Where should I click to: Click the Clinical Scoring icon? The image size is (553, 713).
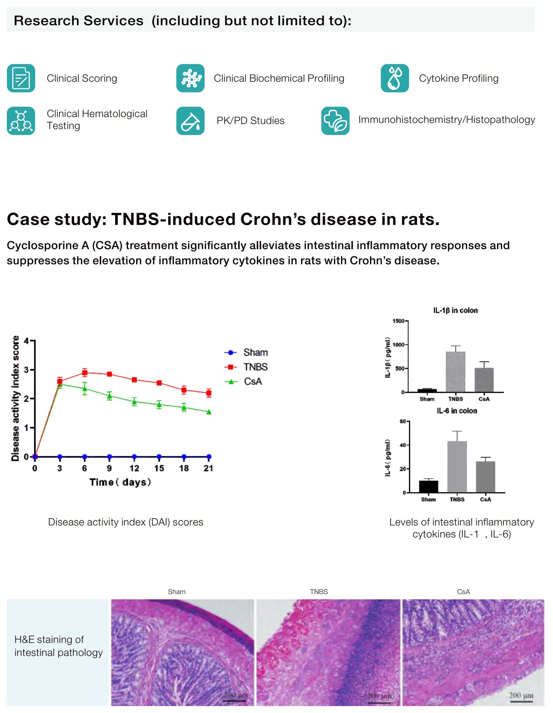click(x=21, y=78)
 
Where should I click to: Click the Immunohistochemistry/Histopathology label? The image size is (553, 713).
click(x=446, y=119)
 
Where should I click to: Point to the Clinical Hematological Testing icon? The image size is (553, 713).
click(x=21, y=121)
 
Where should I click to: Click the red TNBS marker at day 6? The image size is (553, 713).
click(x=85, y=372)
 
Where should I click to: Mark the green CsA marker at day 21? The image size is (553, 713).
click(x=209, y=412)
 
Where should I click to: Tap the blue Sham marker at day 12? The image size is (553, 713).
click(x=134, y=457)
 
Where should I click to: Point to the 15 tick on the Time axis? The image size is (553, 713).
click(x=159, y=468)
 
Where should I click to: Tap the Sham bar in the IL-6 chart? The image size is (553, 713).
click(x=428, y=487)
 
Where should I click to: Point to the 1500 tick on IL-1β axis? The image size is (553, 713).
click(x=398, y=321)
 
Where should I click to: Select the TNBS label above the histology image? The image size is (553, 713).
click(x=319, y=592)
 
